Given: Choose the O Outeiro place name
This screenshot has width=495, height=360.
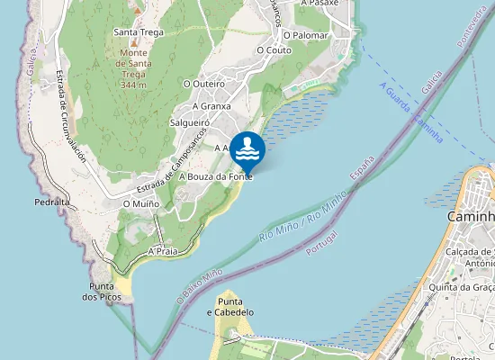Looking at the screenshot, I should (x=203, y=83).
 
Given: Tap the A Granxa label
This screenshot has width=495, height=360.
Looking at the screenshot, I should (x=211, y=105).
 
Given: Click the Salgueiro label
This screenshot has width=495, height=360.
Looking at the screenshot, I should (x=189, y=121).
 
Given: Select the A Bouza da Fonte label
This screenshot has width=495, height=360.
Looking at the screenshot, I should (x=215, y=177).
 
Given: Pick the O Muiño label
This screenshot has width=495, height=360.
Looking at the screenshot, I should (x=141, y=204).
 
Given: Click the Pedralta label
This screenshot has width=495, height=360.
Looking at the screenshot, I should (x=52, y=202).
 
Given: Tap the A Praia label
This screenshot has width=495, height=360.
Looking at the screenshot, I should (x=162, y=251).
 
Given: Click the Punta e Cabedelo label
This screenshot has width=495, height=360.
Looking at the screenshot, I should (x=230, y=306).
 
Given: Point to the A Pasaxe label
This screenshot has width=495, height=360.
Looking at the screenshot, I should (x=319, y=4).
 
